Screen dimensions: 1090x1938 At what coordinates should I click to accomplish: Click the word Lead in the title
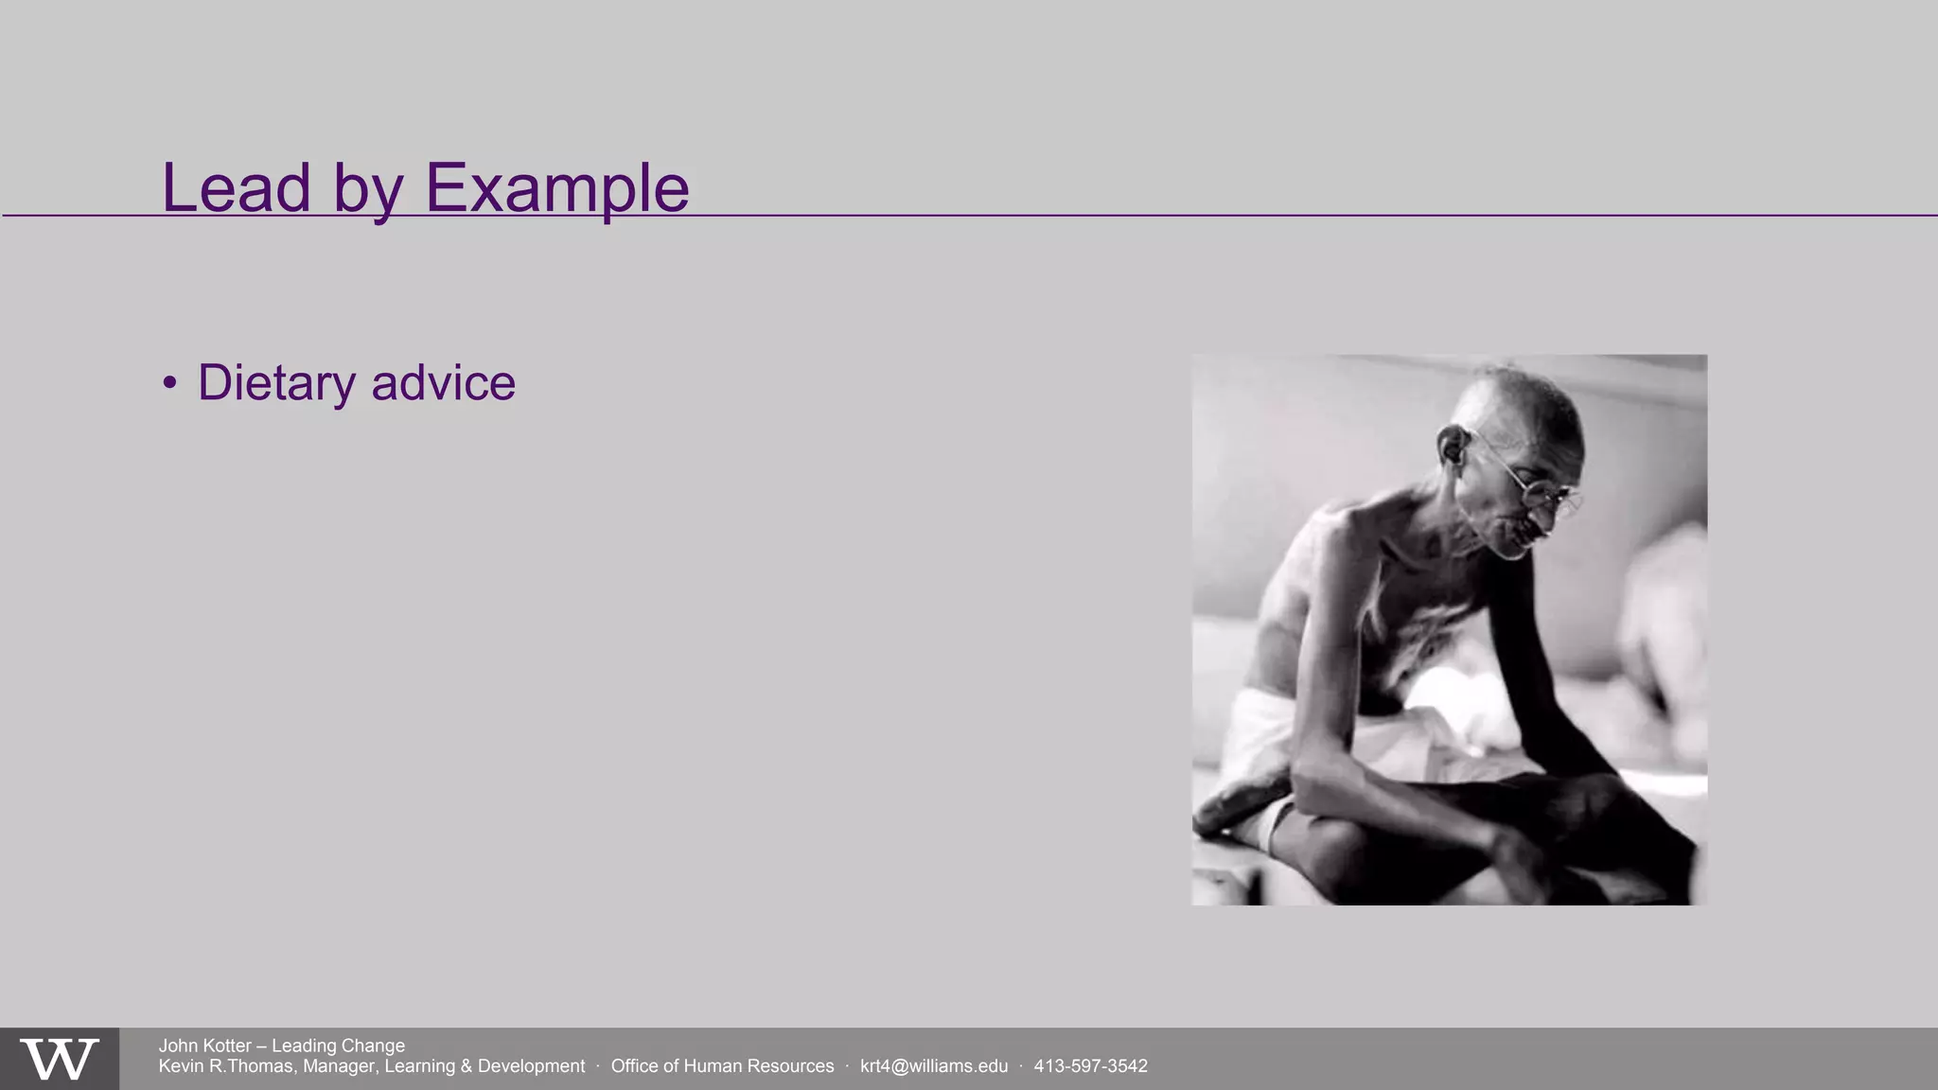[236, 187]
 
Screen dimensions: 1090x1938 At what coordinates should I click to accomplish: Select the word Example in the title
[557, 187]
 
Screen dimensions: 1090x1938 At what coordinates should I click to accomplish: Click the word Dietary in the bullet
[276, 383]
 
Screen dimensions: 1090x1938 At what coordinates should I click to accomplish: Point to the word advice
[443, 383]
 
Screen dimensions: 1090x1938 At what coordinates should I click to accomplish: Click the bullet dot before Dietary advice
[169, 382]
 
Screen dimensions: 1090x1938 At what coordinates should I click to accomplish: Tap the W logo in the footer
[59, 1059]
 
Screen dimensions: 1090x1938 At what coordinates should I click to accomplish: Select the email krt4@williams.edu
[933, 1066]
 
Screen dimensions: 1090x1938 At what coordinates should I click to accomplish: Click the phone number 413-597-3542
[1090, 1066]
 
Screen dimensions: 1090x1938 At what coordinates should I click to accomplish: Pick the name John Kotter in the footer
[204, 1046]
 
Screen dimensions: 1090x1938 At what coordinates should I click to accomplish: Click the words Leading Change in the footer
[338, 1046]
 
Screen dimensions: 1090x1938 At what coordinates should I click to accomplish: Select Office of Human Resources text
[722, 1066]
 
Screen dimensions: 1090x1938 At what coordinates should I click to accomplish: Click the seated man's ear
[1451, 446]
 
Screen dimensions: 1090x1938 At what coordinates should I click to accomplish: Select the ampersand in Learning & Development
[466, 1066]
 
